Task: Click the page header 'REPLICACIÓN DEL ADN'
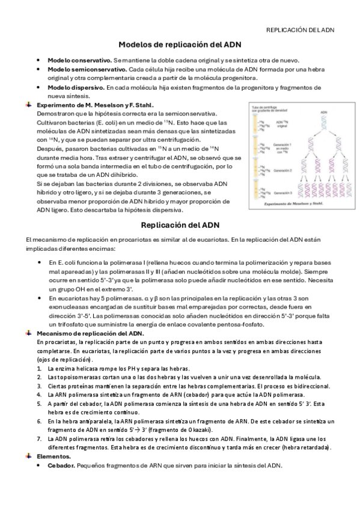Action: click(x=300, y=29)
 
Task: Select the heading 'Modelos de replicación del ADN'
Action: click(x=180, y=45)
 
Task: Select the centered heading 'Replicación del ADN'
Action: click(x=180, y=225)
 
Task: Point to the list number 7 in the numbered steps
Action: click(x=39, y=439)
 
